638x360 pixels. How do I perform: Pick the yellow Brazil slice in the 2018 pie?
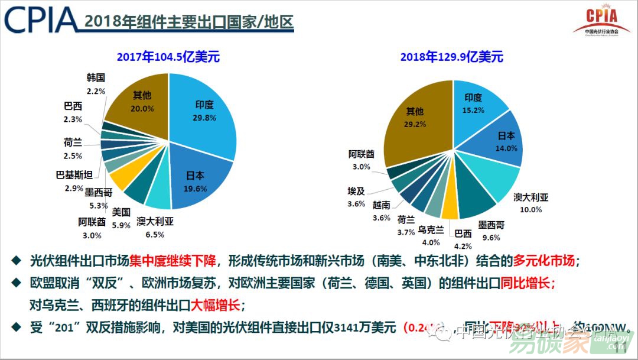click(x=450, y=206)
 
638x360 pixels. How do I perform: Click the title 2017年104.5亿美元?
click(x=168, y=57)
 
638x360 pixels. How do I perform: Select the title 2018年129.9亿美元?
click(x=451, y=57)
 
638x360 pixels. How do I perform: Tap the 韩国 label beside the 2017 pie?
click(x=95, y=77)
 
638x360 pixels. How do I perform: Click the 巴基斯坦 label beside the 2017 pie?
click(x=73, y=176)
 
